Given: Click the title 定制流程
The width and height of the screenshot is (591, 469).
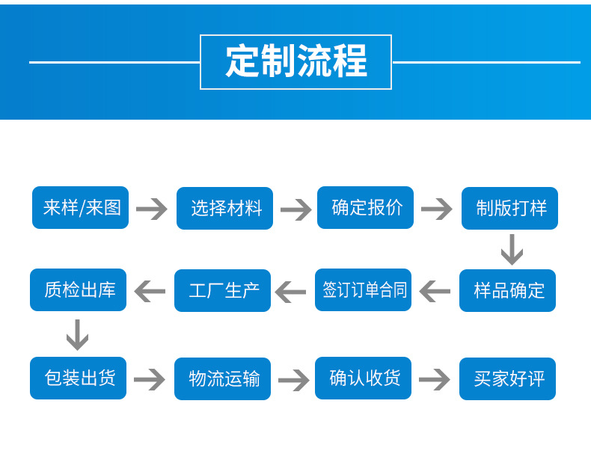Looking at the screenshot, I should (x=295, y=62).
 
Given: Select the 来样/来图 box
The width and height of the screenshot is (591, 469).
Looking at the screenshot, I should (x=81, y=207).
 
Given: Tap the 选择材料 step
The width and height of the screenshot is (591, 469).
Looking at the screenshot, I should (x=224, y=208).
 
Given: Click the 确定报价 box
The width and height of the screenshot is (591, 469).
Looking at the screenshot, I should (x=365, y=207).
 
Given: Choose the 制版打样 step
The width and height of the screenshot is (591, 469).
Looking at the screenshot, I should (x=509, y=208).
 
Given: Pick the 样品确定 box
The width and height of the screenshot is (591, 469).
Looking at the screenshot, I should (x=507, y=290).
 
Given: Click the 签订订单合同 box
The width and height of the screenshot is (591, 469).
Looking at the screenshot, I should (x=363, y=289).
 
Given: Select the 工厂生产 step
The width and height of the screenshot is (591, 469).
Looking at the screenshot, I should (x=222, y=290).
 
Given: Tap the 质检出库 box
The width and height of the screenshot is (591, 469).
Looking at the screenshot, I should (x=79, y=289).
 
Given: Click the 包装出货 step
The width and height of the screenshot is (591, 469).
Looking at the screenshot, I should (x=79, y=378).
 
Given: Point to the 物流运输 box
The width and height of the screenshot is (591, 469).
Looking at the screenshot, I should (x=222, y=378).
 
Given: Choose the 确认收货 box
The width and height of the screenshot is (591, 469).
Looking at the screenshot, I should (x=363, y=378).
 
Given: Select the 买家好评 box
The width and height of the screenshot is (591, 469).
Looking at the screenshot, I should (x=507, y=378).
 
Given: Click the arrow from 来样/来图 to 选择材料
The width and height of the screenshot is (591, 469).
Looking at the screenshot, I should (x=152, y=209).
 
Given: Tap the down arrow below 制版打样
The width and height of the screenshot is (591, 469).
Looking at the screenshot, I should (x=512, y=250).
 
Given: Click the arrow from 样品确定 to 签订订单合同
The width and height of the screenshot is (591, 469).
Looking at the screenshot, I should (x=435, y=291).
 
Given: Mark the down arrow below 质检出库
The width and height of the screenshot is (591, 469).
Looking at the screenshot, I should (x=78, y=334).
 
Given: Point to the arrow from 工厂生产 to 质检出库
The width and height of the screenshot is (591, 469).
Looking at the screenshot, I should (x=150, y=291).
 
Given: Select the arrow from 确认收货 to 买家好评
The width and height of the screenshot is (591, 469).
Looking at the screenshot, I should (x=435, y=379).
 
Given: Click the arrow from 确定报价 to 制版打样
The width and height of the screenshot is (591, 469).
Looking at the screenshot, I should (x=437, y=209).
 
